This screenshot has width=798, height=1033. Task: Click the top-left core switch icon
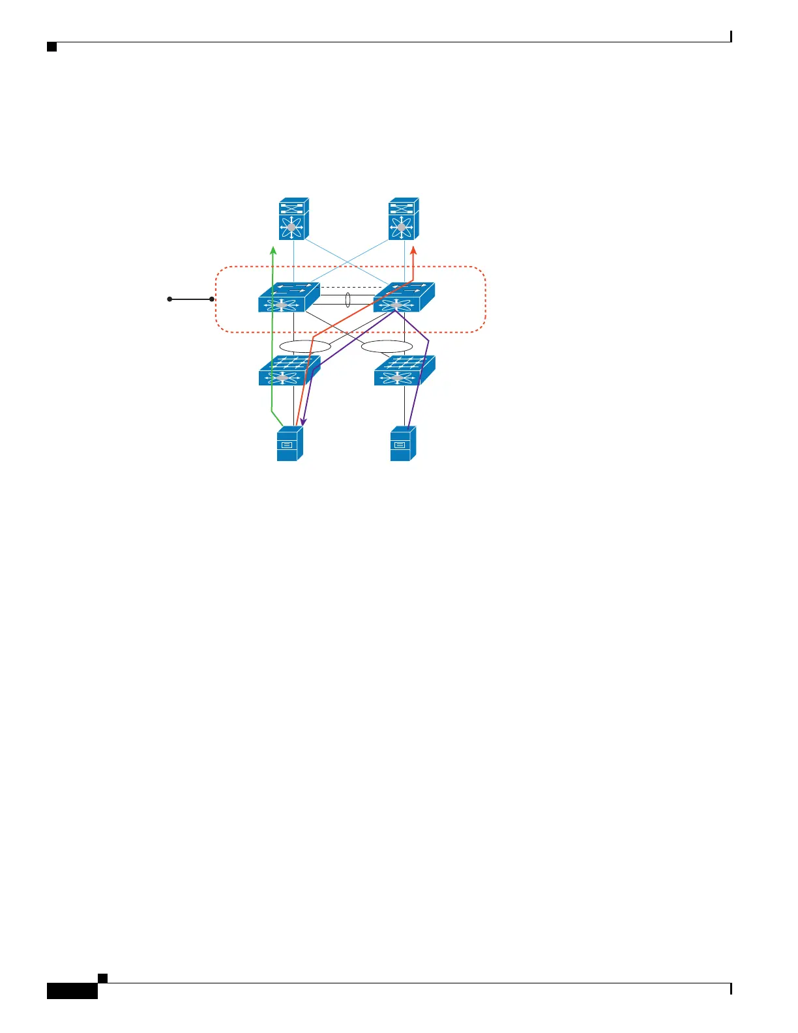[x=293, y=218]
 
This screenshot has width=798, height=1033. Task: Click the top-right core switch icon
[x=403, y=218]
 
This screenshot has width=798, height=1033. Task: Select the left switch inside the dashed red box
[x=288, y=298]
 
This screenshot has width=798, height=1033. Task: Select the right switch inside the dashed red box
[x=403, y=298]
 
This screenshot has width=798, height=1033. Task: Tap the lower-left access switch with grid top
[x=289, y=370]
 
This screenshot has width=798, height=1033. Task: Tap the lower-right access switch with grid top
[x=404, y=370]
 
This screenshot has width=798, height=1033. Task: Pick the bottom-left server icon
[x=290, y=444]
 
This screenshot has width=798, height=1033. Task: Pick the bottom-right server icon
[x=403, y=444]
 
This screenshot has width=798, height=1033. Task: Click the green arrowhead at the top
[x=273, y=250]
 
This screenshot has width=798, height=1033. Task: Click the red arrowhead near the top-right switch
[x=413, y=250]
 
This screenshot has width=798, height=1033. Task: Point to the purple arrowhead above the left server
[x=303, y=422]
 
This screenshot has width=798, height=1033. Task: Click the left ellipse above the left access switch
[x=304, y=346]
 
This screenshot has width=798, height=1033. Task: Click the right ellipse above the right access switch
[x=387, y=346]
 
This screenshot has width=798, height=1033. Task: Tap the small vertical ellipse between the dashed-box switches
[x=348, y=300]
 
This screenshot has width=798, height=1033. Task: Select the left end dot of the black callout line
[x=170, y=299]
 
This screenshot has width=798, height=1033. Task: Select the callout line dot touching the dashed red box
[x=212, y=299]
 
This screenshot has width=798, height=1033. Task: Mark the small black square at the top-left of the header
[x=52, y=47]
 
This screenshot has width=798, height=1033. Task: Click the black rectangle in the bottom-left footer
[x=72, y=991]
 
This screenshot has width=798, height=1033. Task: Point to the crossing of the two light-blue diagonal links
[x=349, y=262]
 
